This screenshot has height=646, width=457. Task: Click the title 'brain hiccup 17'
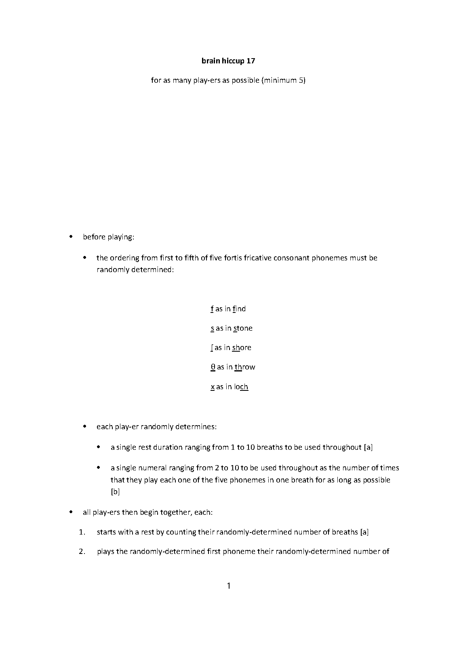click(228, 61)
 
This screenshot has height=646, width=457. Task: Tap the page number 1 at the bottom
click(228, 586)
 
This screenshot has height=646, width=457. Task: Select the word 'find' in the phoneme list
click(239, 309)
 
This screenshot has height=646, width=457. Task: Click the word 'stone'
click(242, 328)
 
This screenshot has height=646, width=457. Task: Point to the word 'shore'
click(242, 348)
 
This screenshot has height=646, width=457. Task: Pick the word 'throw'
click(244, 367)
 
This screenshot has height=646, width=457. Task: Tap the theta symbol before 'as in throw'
click(213, 367)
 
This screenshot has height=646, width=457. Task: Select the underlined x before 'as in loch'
click(213, 387)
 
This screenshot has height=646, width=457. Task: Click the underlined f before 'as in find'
click(212, 309)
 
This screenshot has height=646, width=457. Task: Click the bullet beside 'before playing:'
click(71, 237)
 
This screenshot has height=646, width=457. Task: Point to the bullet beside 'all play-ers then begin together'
click(71, 512)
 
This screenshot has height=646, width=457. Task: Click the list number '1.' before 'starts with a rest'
click(82, 532)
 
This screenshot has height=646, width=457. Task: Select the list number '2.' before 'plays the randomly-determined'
click(82, 552)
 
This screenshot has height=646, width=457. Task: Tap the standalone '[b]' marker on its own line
click(115, 492)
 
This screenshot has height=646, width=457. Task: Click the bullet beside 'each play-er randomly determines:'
click(85, 426)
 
